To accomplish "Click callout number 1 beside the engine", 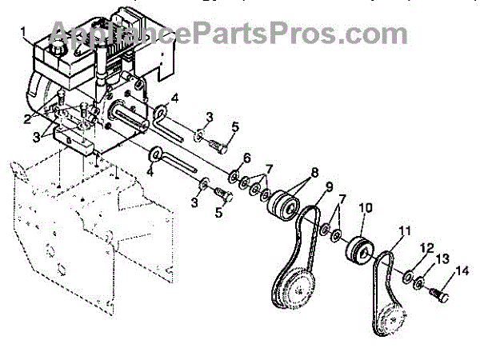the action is point(24,33).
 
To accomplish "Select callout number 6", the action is point(246,157).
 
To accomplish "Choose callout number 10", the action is point(365,207).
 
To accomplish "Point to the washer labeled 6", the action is point(235,174).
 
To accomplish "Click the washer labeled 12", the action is point(408,278).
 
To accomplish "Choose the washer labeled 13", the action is point(420,284).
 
